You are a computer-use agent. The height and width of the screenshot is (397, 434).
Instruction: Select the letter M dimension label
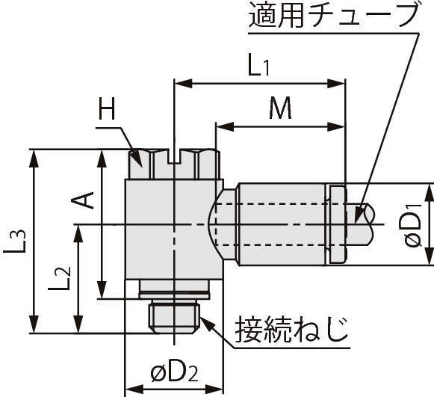[280, 108]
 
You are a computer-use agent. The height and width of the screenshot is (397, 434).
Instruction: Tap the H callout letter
[107, 108]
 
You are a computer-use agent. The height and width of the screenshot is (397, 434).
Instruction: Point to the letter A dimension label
[82, 200]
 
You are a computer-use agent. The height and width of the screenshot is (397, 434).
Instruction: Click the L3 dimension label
[15, 241]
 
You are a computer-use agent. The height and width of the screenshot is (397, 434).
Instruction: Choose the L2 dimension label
[59, 278]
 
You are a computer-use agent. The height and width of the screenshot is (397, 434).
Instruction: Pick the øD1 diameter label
[412, 226]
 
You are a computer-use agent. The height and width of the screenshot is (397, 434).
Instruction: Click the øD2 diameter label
[174, 373]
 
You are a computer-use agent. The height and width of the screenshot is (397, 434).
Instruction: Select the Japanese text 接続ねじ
[291, 330]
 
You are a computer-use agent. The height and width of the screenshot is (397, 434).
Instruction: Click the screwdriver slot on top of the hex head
[174, 156]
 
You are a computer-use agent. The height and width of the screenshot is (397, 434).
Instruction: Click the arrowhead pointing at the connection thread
[207, 324]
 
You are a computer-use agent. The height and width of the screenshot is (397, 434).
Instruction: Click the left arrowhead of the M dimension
[225, 127]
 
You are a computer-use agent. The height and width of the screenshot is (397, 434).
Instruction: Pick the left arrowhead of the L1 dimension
[183, 83]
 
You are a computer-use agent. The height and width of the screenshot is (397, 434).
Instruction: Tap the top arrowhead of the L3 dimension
[34, 159]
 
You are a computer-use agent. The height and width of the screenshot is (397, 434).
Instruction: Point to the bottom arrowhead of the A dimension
[102, 290]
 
